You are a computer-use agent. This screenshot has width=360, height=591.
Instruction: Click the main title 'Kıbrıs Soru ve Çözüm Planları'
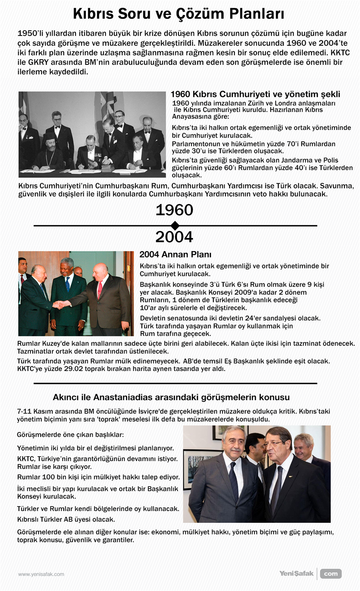click(x=179, y=14)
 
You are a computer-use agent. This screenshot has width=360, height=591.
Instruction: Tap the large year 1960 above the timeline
click(x=174, y=210)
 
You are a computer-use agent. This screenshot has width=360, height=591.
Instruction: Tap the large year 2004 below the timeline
click(x=174, y=237)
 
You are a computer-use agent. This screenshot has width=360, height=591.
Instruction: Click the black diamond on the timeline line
click(x=175, y=226)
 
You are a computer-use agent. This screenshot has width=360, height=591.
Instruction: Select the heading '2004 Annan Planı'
click(x=175, y=254)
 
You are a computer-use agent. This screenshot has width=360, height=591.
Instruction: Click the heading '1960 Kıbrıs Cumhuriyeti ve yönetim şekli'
click(x=255, y=94)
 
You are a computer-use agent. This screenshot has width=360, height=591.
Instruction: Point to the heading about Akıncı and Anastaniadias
click(x=171, y=397)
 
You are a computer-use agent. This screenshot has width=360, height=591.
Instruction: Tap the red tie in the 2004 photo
click(x=100, y=290)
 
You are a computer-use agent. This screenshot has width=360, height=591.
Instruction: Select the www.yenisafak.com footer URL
click(x=41, y=574)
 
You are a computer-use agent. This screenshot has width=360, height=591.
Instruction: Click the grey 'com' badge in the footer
click(x=330, y=574)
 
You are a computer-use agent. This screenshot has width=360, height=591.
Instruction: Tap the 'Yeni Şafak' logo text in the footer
click(x=296, y=573)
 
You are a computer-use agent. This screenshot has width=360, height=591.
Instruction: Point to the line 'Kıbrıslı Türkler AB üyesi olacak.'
click(x=66, y=519)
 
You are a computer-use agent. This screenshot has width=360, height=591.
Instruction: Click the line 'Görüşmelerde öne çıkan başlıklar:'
click(x=70, y=435)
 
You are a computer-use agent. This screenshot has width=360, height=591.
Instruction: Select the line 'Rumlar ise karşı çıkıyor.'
click(x=54, y=467)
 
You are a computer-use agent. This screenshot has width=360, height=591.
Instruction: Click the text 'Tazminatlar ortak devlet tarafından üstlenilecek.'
click(x=93, y=351)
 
